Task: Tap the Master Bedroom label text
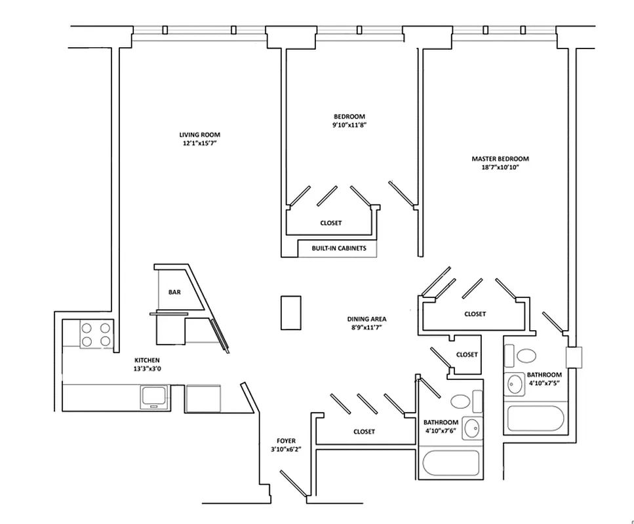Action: coord(500,159)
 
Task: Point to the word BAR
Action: coord(174,292)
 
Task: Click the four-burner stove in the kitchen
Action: coord(96,334)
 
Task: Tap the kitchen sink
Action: coord(155,397)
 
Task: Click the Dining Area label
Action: coord(365,320)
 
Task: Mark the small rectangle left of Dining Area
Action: coord(290,312)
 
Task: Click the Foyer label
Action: coord(286,441)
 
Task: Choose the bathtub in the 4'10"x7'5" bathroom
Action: coord(534,418)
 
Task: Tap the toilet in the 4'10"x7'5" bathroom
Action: coord(526,356)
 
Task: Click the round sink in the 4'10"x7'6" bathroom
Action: coord(470,429)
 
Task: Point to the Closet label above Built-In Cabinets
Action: coord(330,223)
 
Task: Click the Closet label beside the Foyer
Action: coord(364,432)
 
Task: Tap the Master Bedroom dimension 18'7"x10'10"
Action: coord(500,168)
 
